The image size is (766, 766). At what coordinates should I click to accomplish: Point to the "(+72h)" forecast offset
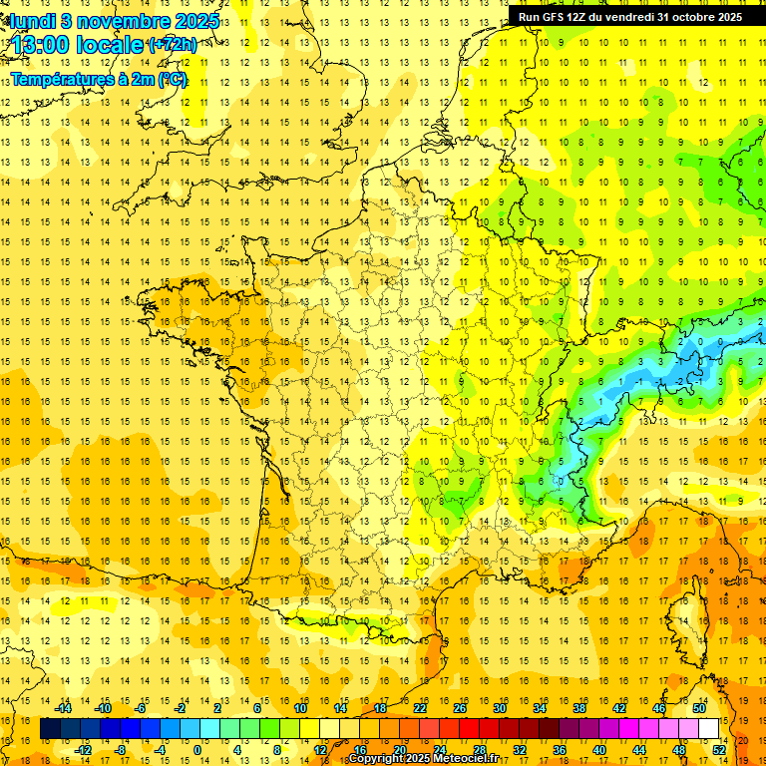click(x=172, y=45)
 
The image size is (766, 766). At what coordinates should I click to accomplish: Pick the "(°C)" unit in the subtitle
click(x=173, y=79)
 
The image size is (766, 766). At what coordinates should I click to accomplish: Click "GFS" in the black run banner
click(x=558, y=16)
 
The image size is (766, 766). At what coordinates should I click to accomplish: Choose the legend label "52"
click(x=719, y=750)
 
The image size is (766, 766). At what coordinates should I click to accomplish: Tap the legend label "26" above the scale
click(x=460, y=708)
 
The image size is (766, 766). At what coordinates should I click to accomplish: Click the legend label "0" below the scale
click(x=197, y=750)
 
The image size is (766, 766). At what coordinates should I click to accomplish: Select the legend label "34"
click(x=540, y=708)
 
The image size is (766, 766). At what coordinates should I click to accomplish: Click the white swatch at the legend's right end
click(x=709, y=729)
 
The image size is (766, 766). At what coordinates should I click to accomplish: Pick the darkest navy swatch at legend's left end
click(x=50, y=729)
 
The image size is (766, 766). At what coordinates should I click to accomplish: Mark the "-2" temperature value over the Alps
click(x=680, y=381)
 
